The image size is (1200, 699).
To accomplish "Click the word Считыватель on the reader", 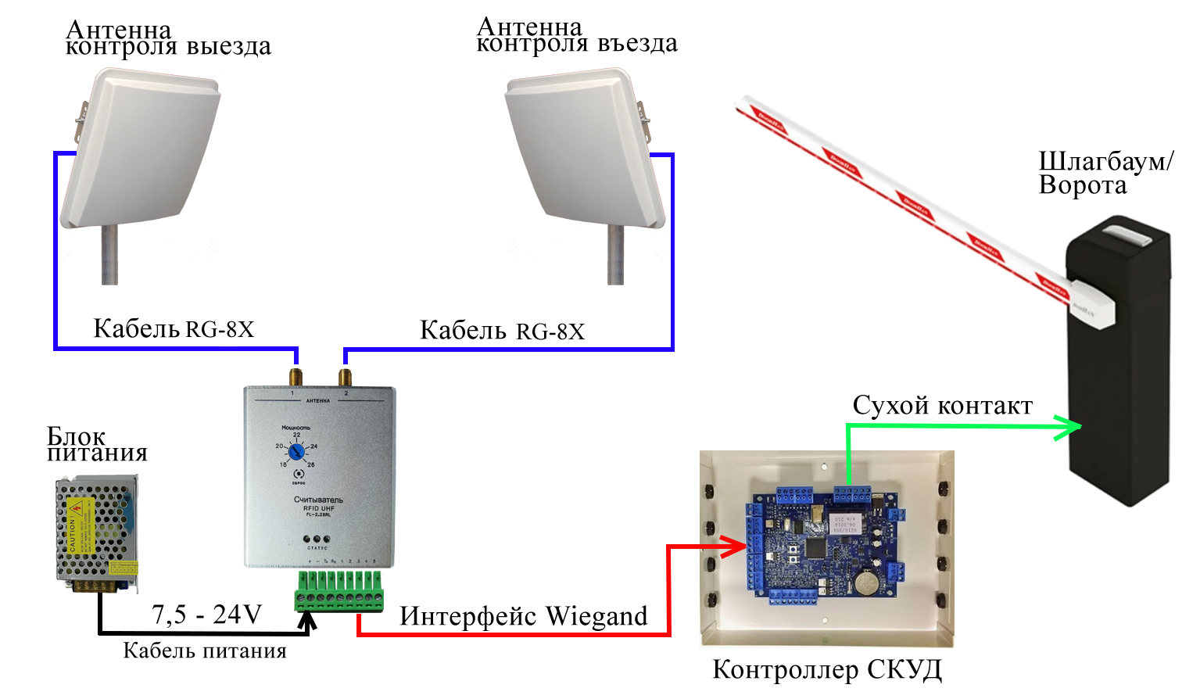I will [318, 500].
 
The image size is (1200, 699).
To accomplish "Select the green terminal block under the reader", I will [339, 591].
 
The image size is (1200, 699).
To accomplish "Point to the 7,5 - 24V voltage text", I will [207, 615].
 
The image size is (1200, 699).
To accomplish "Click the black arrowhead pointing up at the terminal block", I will [308, 621].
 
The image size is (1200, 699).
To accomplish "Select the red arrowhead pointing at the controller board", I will [734, 547].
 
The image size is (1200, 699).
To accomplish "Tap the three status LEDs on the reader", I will [317, 539].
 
